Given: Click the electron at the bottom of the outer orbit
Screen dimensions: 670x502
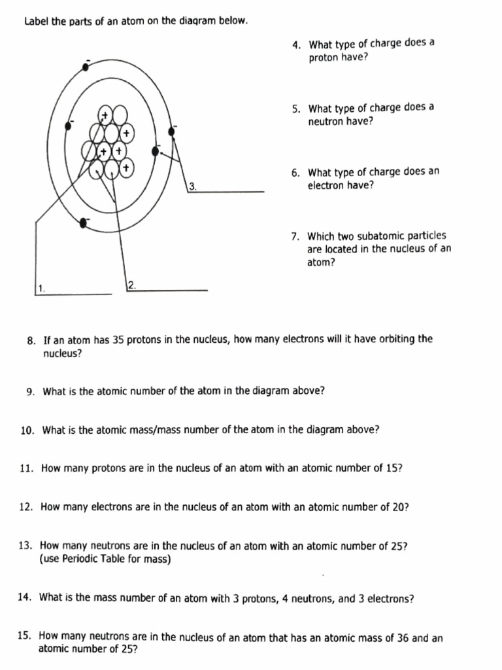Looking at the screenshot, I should click(x=83, y=223).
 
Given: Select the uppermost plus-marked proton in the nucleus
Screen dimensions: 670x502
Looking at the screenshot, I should click(x=104, y=115).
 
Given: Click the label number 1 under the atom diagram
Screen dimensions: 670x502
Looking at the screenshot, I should click(x=41, y=288).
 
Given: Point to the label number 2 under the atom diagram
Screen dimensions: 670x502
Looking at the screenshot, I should click(x=131, y=285).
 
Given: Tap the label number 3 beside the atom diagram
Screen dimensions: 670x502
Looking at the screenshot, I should click(x=192, y=186).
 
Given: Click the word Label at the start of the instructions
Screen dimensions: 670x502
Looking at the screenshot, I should click(x=36, y=21).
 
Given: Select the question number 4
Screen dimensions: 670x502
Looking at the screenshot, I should click(x=296, y=45).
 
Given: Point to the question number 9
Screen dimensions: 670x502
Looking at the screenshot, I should click(x=31, y=392).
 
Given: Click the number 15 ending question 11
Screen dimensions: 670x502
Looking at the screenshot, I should click(x=394, y=468).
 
